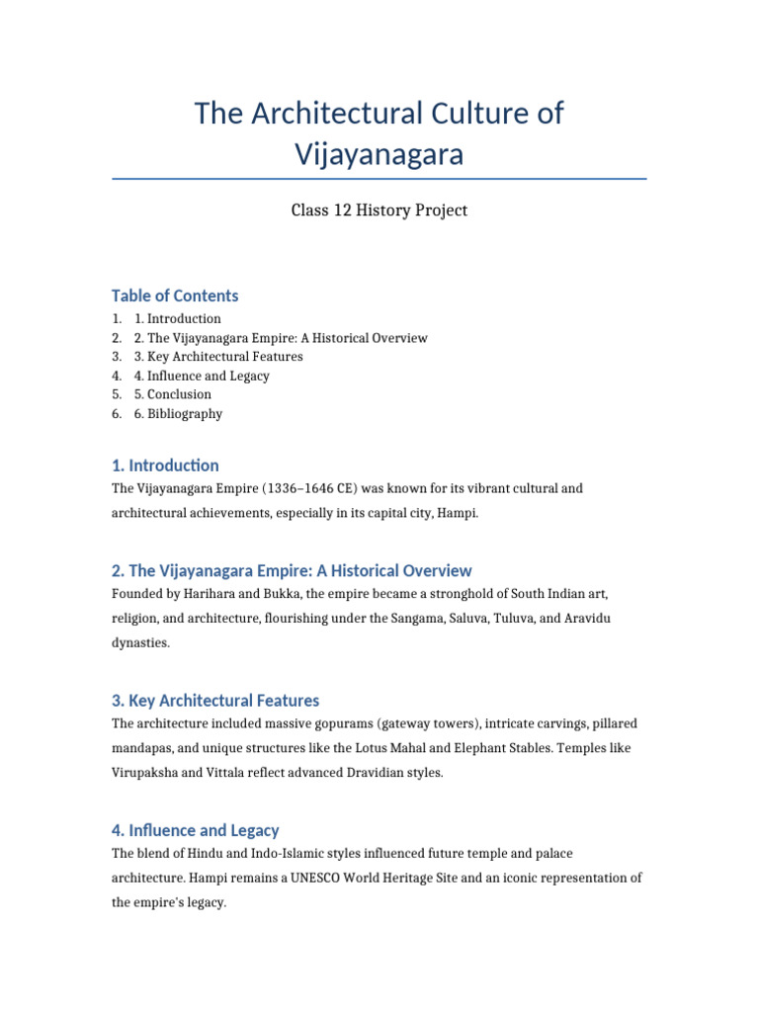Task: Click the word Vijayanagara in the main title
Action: coord(379,154)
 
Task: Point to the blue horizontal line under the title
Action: coord(379,179)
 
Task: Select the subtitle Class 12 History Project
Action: coord(379,211)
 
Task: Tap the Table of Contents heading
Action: coord(175,295)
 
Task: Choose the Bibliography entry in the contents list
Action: coord(185,414)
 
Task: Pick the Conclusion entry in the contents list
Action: coord(179,394)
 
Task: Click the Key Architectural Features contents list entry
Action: coord(224,357)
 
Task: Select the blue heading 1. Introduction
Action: coord(165,465)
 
